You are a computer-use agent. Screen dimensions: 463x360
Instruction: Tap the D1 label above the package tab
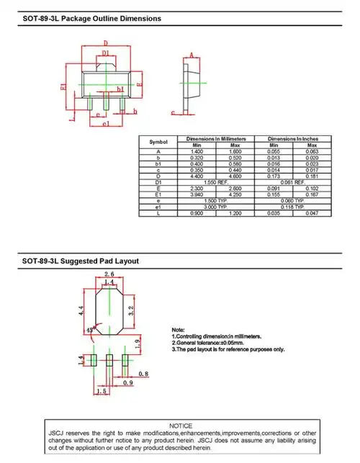coord(105,53)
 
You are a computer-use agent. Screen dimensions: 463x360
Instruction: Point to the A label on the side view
coord(191,55)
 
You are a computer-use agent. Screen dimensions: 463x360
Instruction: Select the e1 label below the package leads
coord(105,125)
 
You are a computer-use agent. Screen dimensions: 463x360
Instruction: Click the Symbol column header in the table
coord(158,142)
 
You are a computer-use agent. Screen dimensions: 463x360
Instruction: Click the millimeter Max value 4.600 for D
coord(235,176)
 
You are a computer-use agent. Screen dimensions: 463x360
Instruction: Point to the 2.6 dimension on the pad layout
coord(109,274)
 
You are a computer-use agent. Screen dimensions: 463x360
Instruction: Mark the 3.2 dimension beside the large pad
coord(130,311)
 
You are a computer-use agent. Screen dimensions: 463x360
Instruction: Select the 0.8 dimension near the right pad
coord(143,374)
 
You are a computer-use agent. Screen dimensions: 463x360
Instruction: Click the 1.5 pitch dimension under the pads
coord(101,391)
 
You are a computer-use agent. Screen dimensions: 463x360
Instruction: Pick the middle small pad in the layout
coord(109,361)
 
